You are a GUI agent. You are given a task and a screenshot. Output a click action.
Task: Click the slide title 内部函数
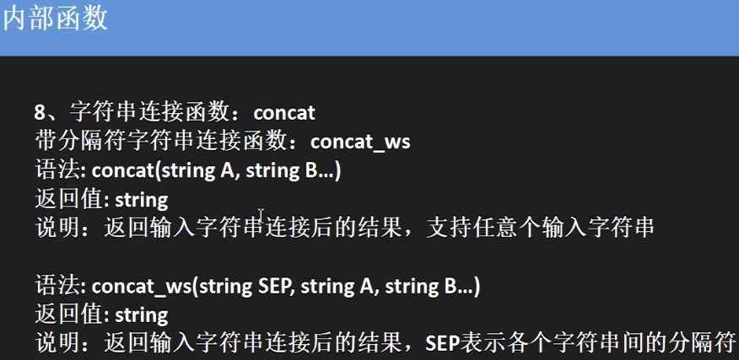pos(56,19)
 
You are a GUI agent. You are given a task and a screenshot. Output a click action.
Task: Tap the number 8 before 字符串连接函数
pos(40,112)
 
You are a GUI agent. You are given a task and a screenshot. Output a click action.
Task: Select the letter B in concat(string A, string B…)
pos(307,169)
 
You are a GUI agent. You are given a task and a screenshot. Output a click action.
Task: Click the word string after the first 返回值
pos(141,199)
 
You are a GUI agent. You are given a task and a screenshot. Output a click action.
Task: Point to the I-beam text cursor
pos(262,216)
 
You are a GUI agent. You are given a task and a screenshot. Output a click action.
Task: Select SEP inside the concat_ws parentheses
pos(273,286)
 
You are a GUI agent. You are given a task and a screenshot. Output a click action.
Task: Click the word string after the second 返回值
pos(141,314)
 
